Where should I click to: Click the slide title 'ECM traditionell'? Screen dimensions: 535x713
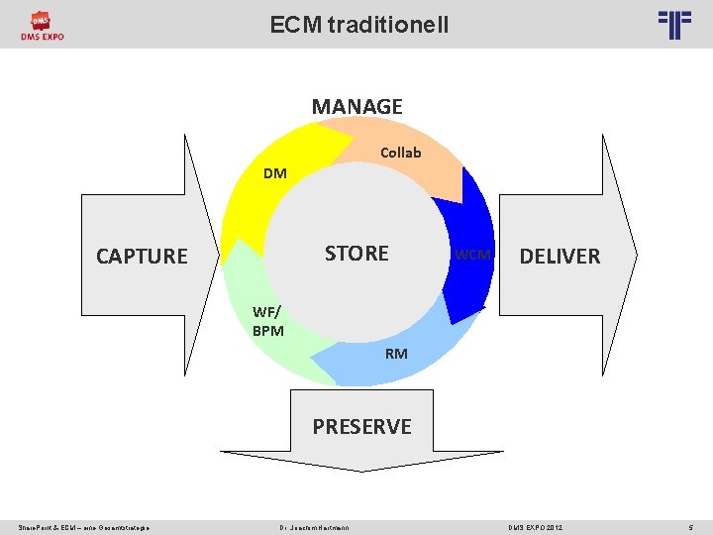(x=358, y=24)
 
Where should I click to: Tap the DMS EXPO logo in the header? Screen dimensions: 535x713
(x=42, y=26)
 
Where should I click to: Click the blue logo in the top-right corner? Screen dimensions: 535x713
(x=674, y=24)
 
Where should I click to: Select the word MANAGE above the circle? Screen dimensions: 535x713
(x=356, y=106)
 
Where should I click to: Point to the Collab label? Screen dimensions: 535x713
(x=401, y=152)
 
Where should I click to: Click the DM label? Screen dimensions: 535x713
(x=274, y=173)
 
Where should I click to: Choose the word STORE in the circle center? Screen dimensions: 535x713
(x=356, y=253)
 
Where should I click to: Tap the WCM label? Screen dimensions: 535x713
(x=472, y=255)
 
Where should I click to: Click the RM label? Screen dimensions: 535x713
(x=396, y=353)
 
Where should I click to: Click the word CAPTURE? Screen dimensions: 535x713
(x=142, y=256)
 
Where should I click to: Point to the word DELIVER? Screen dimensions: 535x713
(x=560, y=256)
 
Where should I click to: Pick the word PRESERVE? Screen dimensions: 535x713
(x=361, y=426)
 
